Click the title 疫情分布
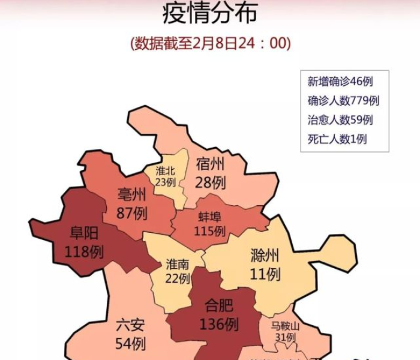click(210, 13)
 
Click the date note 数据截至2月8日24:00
click(210, 44)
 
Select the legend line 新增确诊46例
click(340, 82)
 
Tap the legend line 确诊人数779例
click(343, 101)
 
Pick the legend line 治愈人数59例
click(340, 120)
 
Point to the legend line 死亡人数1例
click(337, 139)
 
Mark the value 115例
click(210, 231)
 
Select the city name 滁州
click(265, 256)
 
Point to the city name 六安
click(130, 326)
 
